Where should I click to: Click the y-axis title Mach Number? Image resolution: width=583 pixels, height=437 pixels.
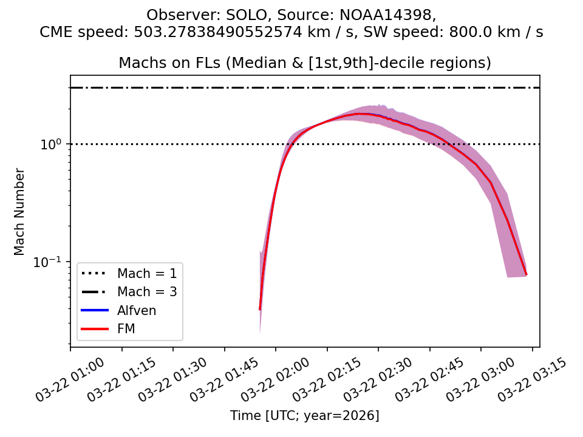click(20, 212)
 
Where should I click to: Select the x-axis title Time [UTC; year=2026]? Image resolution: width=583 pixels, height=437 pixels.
click(305, 416)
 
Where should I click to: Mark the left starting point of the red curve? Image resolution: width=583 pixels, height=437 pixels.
click(260, 310)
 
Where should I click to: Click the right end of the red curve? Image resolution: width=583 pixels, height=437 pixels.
click(526, 274)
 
